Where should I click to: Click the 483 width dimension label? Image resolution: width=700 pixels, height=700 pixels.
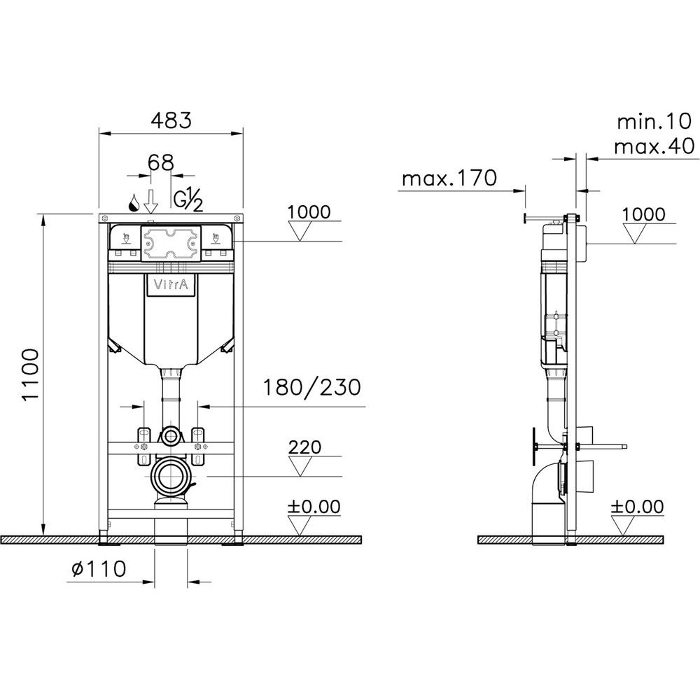pos(171,120)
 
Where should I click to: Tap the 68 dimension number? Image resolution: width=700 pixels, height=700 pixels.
pos(161,162)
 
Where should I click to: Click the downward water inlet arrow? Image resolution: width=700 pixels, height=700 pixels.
pos(151,202)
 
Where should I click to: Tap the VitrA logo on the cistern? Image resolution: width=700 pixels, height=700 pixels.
pos(171,284)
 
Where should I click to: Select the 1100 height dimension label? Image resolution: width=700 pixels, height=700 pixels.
pos(31,375)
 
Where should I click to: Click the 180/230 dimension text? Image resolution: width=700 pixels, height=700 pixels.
pos(311,387)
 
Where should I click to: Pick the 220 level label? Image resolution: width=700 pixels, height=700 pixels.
pos(305,447)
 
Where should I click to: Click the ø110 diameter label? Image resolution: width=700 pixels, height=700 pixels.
pos(99,568)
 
